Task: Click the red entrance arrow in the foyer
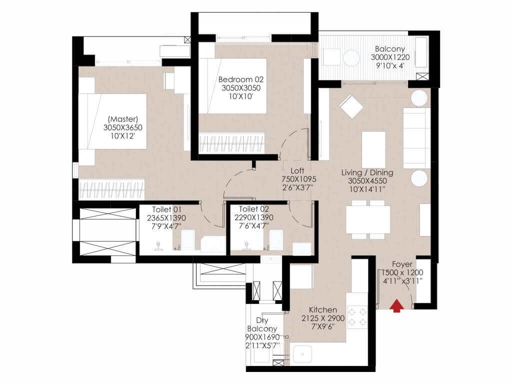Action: [396, 305]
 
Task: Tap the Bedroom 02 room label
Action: [240, 79]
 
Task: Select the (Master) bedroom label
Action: [123, 119]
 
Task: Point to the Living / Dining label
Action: [367, 172]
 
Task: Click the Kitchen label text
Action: [323, 309]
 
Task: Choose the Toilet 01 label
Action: [166, 209]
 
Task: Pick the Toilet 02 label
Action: [253, 209]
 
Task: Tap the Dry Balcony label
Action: [262, 324]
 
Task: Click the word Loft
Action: [297, 170]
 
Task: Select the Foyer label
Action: [402, 264]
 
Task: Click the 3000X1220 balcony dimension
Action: [390, 57]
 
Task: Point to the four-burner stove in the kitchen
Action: [357, 316]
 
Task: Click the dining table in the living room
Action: [368, 219]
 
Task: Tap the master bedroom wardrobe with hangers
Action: [111, 189]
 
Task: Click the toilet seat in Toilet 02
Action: [276, 240]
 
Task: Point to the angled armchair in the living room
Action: [351, 106]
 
